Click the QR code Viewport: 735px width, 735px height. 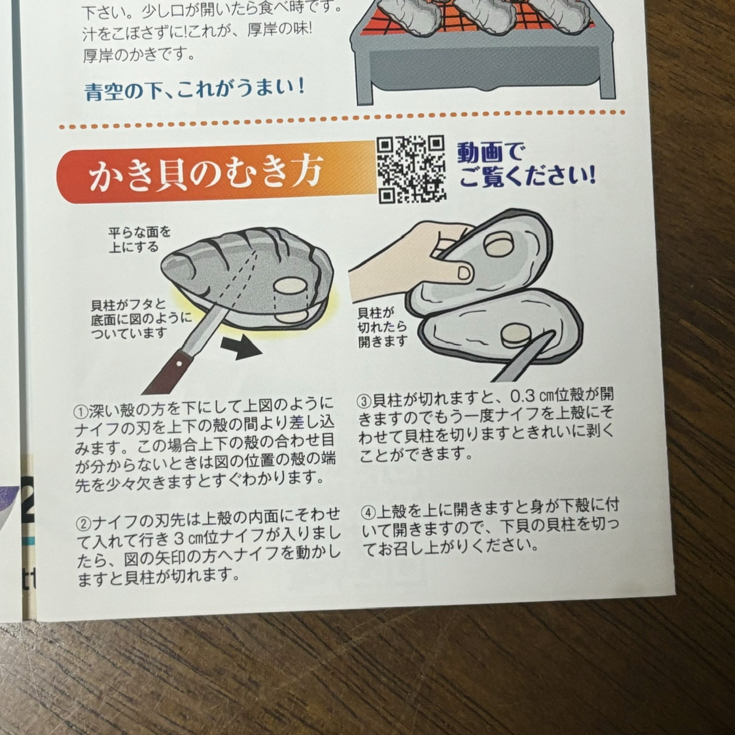click(x=411, y=169)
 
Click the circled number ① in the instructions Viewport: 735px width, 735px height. click(x=80, y=412)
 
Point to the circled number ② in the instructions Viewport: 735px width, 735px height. click(x=83, y=514)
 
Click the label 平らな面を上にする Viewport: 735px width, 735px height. click(x=139, y=239)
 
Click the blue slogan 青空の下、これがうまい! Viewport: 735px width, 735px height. click(x=195, y=90)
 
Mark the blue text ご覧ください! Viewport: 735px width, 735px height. click(x=527, y=178)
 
